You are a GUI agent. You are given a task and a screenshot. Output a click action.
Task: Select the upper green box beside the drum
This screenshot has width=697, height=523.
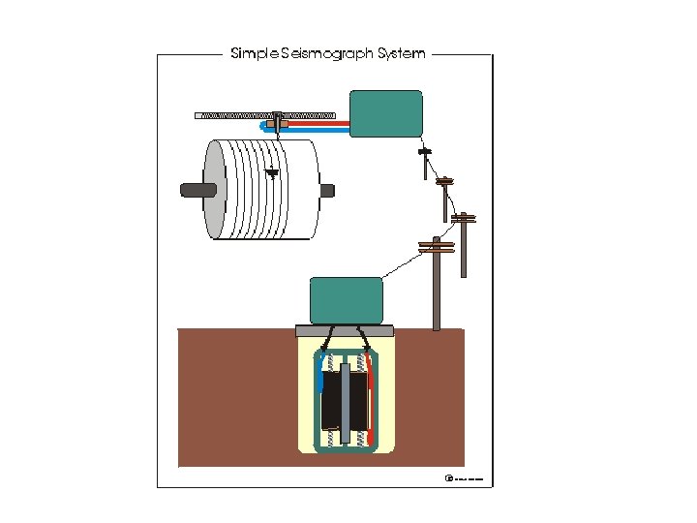385,113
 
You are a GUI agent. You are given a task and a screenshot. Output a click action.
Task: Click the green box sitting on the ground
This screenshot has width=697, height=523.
346,299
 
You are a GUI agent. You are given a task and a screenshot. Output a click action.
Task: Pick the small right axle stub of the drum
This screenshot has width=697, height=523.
327,189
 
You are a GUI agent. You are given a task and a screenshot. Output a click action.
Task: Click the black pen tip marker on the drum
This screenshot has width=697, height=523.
272,173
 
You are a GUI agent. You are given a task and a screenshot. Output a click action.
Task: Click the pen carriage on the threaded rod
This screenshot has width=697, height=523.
278,120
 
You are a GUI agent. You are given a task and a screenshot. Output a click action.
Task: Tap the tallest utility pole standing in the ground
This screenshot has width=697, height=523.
437,286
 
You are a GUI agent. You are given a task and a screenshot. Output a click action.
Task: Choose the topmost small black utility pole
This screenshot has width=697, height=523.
423,162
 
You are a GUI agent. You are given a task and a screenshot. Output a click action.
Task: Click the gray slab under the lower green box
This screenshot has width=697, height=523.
345,330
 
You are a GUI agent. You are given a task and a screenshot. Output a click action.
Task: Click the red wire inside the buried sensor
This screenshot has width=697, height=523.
370,407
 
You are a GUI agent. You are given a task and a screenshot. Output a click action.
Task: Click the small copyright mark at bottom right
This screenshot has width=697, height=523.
448,478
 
